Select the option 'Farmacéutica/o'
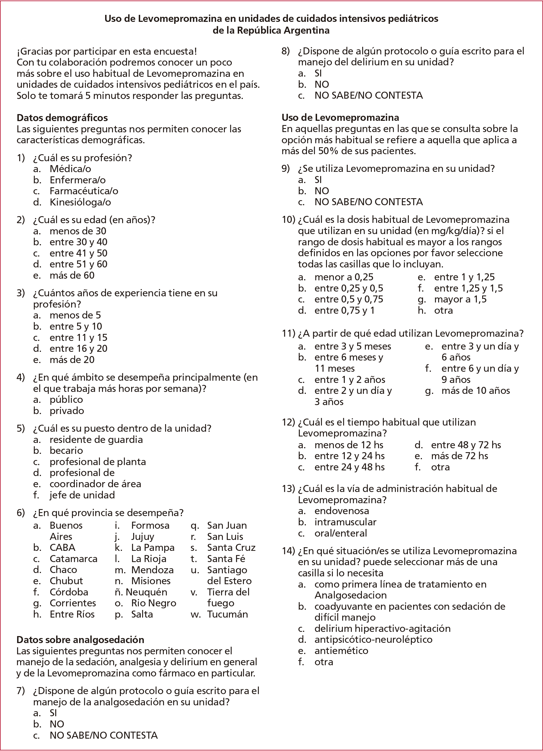pyautogui.click(x=84, y=191)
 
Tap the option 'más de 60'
pyautogui.click(x=72, y=275)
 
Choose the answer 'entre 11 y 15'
pyautogui.click(x=78, y=338)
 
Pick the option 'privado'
pyautogui.click(x=67, y=411)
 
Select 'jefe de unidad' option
pyautogui.click(x=82, y=495)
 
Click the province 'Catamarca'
pyautogui.click(x=73, y=559)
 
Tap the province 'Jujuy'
pyautogui.click(x=143, y=537)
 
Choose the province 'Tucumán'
pyautogui.click(x=227, y=614)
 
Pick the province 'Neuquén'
pyautogui.click(x=146, y=592)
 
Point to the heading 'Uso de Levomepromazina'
pyautogui.click(x=340, y=117)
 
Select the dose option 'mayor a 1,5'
pyautogui.click(x=460, y=299)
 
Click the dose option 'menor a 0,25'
pyautogui.click(x=344, y=277)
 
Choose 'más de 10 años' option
pyautogui.click(x=475, y=391)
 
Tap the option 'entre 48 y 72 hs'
pyautogui.click(x=466, y=445)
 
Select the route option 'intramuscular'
pyautogui.click(x=345, y=522)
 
